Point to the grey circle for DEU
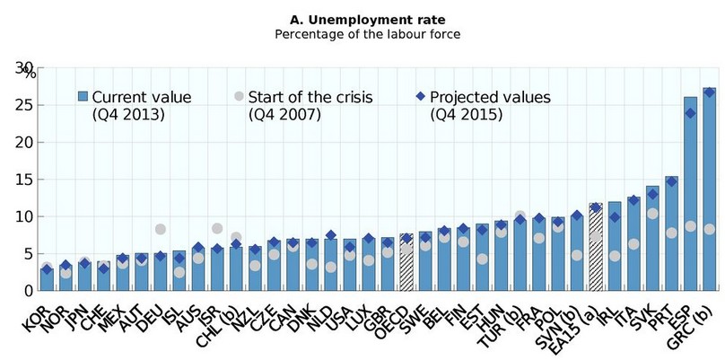[x=160, y=230]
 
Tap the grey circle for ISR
[x=216, y=229]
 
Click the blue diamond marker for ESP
[x=690, y=113]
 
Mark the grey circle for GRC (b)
[x=709, y=229]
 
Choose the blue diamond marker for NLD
[x=330, y=235]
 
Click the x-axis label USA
[x=345, y=310]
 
